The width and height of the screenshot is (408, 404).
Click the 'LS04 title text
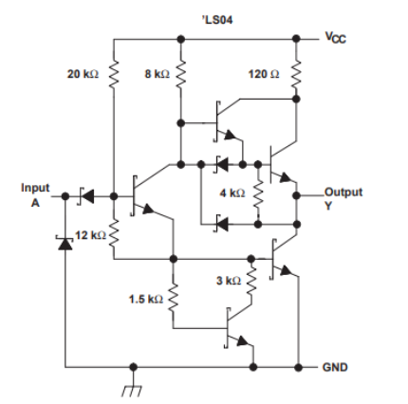click(217, 20)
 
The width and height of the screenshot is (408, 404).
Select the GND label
click(337, 365)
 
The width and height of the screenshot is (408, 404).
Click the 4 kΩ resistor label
click(232, 193)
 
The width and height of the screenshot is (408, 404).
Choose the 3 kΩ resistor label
click(227, 282)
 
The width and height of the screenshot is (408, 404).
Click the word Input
click(36, 189)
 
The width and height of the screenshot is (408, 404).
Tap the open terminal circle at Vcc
click(296, 40)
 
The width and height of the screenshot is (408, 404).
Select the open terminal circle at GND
click(296, 365)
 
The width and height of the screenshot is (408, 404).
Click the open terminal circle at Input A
click(65, 196)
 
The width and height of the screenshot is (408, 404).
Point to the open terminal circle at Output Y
click(296, 196)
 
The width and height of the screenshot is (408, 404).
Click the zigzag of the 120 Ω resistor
click(296, 74)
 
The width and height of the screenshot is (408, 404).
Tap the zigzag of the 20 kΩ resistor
click(113, 74)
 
